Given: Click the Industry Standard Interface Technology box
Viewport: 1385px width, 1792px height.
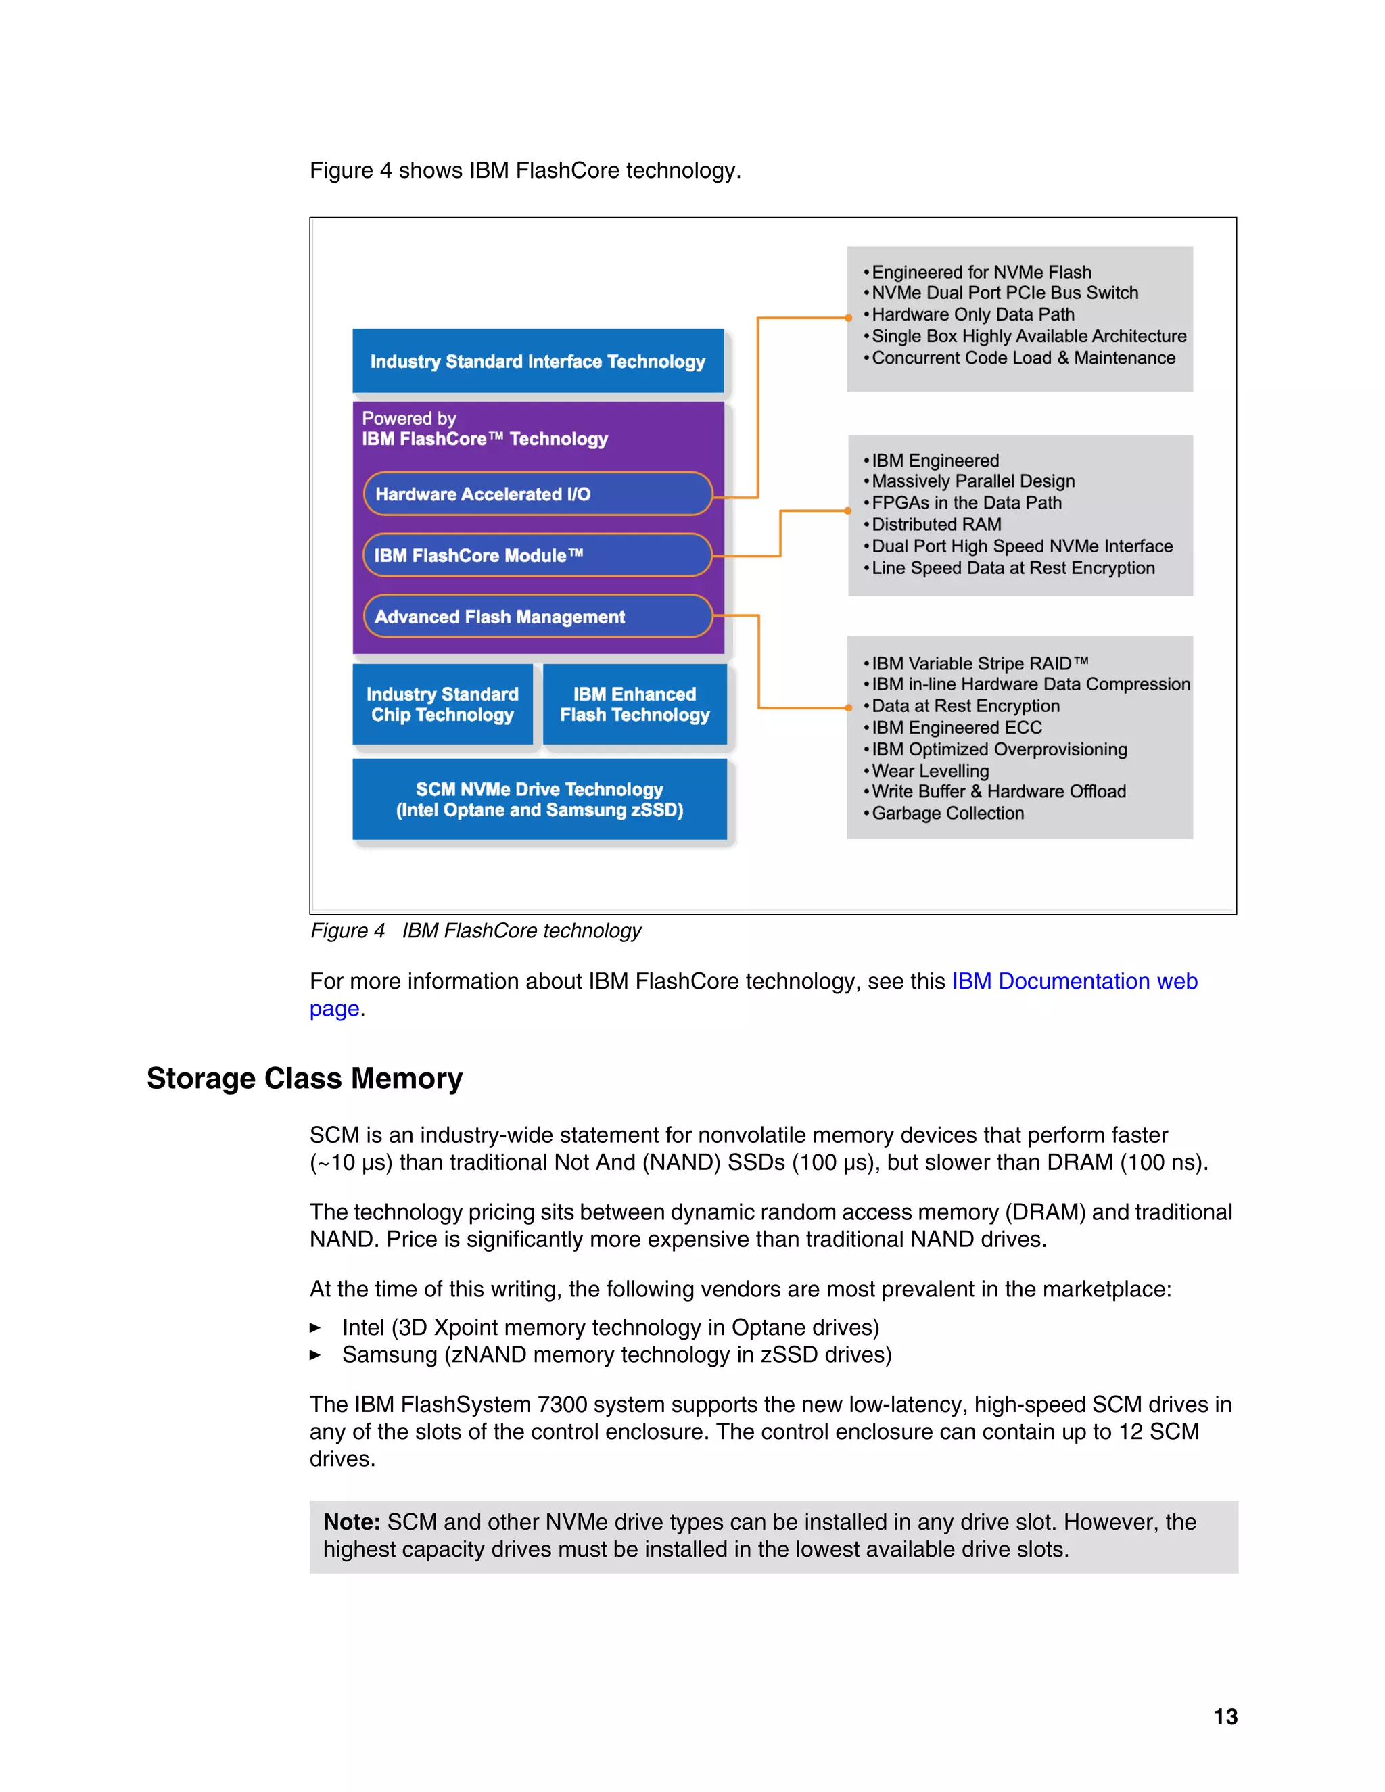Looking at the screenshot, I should pos(538,361).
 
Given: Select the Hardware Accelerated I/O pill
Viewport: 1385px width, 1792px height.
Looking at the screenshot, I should pos(538,494).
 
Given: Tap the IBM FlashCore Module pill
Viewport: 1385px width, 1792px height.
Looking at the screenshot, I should pos(538,555).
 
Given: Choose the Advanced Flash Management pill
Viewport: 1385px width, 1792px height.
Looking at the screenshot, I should pos(538,616).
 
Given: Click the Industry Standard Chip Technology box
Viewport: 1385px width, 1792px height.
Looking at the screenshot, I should pos(442,705).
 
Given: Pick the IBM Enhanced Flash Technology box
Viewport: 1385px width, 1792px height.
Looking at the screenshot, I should pos(634,705).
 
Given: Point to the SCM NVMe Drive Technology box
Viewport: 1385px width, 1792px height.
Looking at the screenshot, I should pos(539,799).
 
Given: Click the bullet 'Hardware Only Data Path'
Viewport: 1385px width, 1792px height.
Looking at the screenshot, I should pos(972,314).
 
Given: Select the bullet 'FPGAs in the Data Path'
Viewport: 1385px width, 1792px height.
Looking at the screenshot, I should pos(966,503).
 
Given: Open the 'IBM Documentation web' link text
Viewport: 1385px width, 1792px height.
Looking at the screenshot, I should pos(1074,981).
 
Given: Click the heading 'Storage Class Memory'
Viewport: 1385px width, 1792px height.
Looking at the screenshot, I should pos(304,1078).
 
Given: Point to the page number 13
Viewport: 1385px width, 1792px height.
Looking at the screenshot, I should pos(1225,1716).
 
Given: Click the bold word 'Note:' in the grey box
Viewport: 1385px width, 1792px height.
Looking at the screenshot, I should pos(351,1522).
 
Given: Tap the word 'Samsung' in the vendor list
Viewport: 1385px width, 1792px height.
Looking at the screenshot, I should pos(389,1354).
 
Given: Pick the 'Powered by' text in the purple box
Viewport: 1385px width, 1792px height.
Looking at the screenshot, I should pos(408,419).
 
